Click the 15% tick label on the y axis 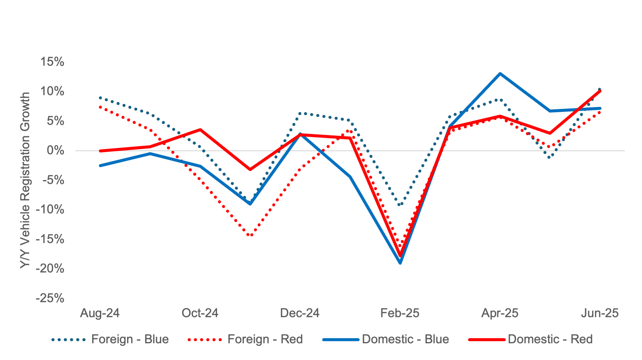pyautogui.click(x=52, y=62)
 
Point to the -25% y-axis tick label pyautogui.click(x=50, y=298)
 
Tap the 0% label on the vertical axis pyautogui.click(x=56, y=151)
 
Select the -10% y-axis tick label pyautogui.click(x=50, y=210)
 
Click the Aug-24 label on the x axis pyautogui.click(x=100, y=313)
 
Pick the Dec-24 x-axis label pyautogui.click(x=300, y=313)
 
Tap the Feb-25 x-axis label pyautogui.click(x=400, y=313)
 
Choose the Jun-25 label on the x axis pyautogui.click(x=600, y=313)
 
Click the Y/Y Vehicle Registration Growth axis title pyautogui.click(x=25, y=180)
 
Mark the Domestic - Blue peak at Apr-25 pyautogui.click(x=500, y=74)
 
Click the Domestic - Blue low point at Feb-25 pyautogui.click(x=400, y=263)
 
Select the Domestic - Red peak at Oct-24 pyautogui.click(x=200, y=130)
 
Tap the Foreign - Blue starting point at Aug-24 pyautogui.click(x=100, y=98)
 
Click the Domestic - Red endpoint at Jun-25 pyautogui.click(x=600, y=91)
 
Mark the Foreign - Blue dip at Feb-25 pyautogui.click(x=400, y=205)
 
